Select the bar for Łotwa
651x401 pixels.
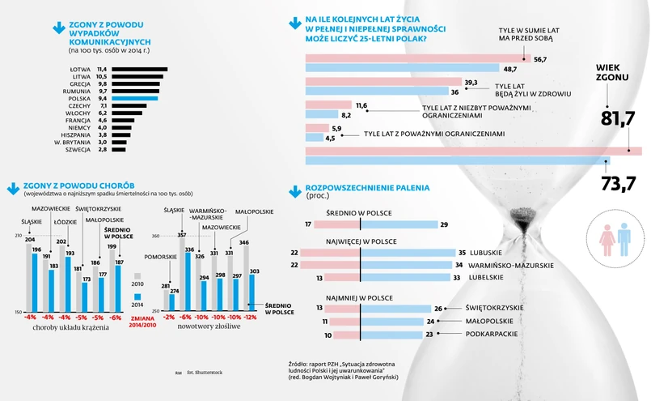tap(139, 70)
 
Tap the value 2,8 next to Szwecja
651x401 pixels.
tap(102, 150)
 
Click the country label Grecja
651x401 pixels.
tap(80, 83)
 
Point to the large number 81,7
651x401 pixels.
tap(618, 118)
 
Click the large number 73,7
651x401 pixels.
tap(618, 183)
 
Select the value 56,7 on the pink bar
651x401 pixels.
tap(540, 60)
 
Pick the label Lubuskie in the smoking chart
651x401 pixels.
tap(485, 253)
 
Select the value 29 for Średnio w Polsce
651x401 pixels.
tap(444, 224)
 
